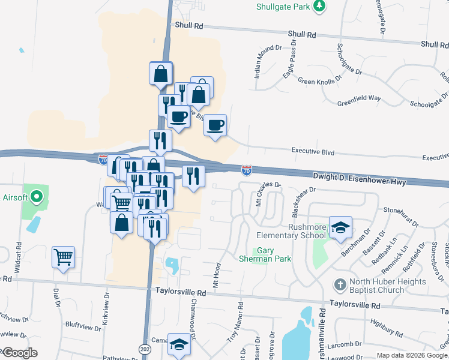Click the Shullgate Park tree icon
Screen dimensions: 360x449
click(321, 6)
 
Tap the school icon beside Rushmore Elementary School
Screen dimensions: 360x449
click(340, 227)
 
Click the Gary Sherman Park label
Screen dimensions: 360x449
click(274, 254)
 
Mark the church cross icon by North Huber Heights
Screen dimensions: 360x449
click(340, 283)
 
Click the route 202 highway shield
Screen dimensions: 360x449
click(146, 348)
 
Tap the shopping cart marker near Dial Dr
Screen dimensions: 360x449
click(63, 257)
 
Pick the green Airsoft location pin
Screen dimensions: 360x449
click(37, 196)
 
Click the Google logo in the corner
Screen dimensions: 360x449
click(19, 352)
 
